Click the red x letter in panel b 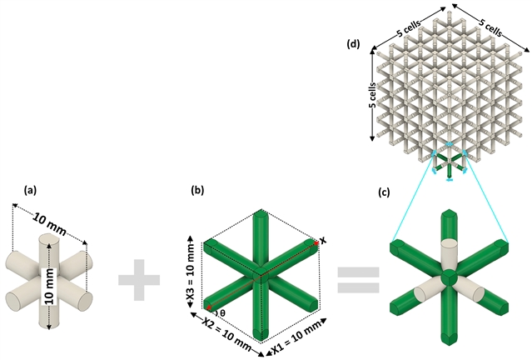tap(323, 240)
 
